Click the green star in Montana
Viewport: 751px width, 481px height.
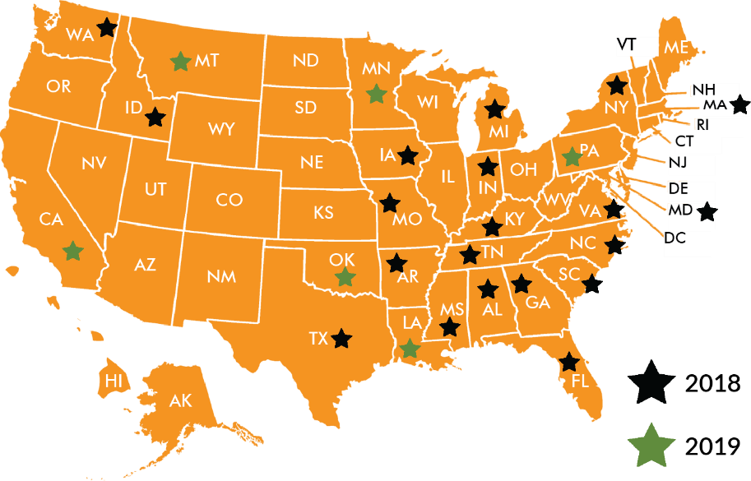pyautogui.click(x=180, y=61)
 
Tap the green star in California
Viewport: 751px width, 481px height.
pyautogui.click(x=73, y=251)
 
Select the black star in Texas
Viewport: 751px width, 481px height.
pyautogui.click(x=341, y=338)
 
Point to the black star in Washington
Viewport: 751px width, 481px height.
pyautogui.click(x=106, y=28)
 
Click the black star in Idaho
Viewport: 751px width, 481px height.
pyautogui.click(x=155, y=118)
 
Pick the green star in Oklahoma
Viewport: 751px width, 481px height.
pyautogui.click(x=345, y=277)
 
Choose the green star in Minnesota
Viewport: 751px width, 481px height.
pyautogui.click(x=376, y=94)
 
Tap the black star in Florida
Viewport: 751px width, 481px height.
pyautogui.click(x=569, y=363)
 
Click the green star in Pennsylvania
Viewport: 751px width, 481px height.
pyautogui.click(x=571, y=156)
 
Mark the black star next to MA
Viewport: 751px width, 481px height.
pyautogui.click(x=739, y=104)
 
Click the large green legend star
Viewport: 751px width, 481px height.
pyautogui.click(x=651, y=445)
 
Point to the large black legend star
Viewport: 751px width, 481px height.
pyautogui.click(x=651, y=383)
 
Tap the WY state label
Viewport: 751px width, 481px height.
pyautogui.click(x=221, y=129)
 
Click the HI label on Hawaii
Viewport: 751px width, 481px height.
pyautogui.click(x=114, y=381)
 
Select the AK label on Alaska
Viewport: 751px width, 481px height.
pyautogui.click(x=180, y=401)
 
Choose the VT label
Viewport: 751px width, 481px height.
pyautogui.click(x=627, y=44)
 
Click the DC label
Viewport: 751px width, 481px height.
pyautogui.click(x=675, y=239)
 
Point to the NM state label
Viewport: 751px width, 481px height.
pyautogui.click(x=221, y=277)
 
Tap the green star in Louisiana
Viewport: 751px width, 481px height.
pyautogui.click(x=410, y=349)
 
